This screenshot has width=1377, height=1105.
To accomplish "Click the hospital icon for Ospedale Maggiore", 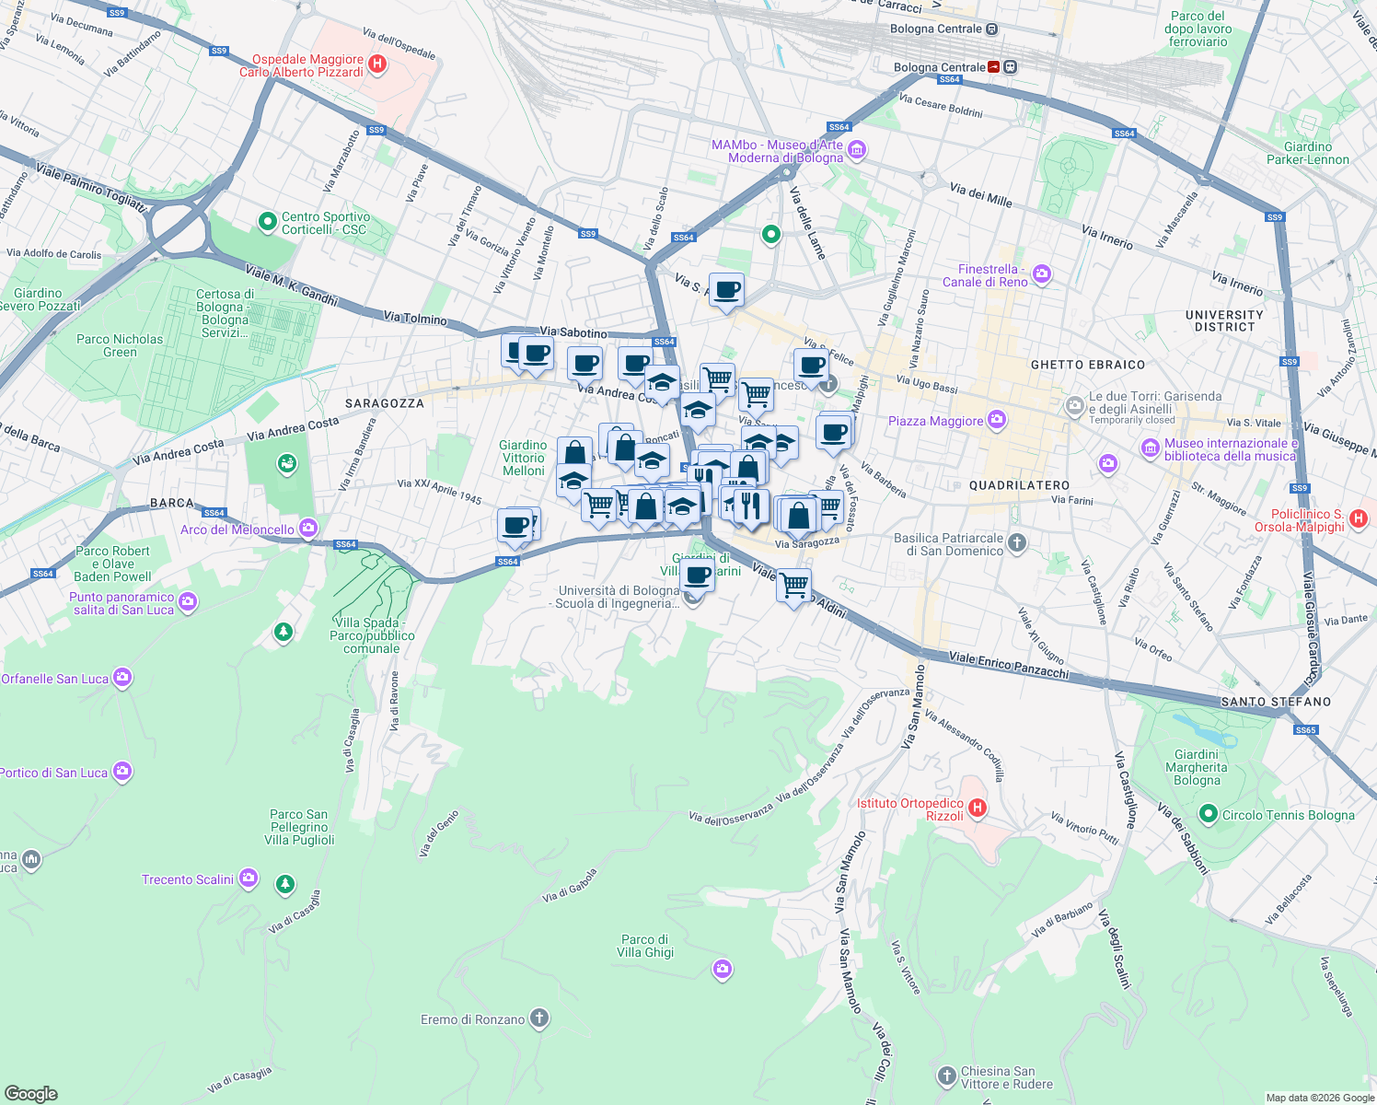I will click(x=376, y=64).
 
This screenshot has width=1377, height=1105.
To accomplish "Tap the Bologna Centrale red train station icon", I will click(x=994, y=67).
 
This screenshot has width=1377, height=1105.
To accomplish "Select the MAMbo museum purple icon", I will click(x=857, y=150).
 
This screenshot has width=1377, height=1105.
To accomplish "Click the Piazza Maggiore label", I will click(x=935, y=421).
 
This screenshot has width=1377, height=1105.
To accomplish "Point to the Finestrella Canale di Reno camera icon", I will click(x=1042, y=273).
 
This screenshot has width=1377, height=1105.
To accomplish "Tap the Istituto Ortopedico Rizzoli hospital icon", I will click(x=978, y=808).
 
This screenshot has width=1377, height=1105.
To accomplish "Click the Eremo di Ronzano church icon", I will click(x=539, y=1018).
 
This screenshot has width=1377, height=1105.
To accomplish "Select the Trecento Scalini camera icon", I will click(x=249, y=878).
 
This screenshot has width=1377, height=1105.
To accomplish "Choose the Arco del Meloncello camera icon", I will click(x=308, y=529).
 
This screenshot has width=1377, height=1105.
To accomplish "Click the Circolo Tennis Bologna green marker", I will click(x=1209, y=814).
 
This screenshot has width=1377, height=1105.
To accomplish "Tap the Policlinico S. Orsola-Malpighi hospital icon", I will click(x=1358, y=520).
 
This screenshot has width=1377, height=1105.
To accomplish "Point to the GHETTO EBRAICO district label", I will click(x=1087, y=365).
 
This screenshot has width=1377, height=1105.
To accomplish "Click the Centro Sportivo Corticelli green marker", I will click(x=268, y=222).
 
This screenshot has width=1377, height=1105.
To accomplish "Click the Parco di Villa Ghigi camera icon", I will click(x=723, y=969).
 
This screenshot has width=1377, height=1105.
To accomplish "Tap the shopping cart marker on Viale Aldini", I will click(x=793, y=585).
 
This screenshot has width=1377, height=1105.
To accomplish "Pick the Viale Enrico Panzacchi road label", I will click(x=1009, y=665).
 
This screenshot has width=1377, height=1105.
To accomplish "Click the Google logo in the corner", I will click(x=31, y=1093).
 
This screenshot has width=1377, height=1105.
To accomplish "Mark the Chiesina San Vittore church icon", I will click(x=946, y=1076).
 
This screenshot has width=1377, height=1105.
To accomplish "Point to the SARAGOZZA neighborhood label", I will click(x=385, y=403).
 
